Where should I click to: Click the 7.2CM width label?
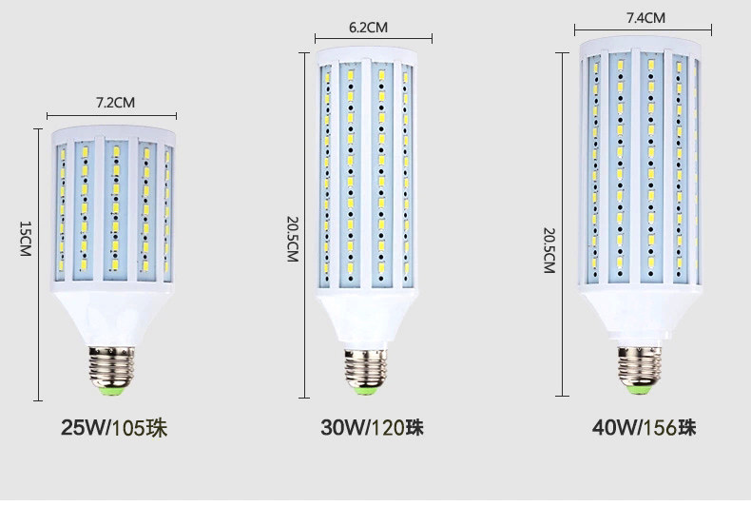(x=115, y=102)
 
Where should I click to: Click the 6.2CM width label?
(x=368, y=28)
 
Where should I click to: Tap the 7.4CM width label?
(x=645, y=18)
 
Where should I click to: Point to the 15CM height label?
(x=26, y=240)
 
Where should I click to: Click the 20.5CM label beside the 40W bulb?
(x=549, y=250)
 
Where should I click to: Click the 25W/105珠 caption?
(x=114, y=428)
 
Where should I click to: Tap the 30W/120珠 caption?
(x=372, y=428)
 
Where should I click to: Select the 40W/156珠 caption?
(x=644, y=428)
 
